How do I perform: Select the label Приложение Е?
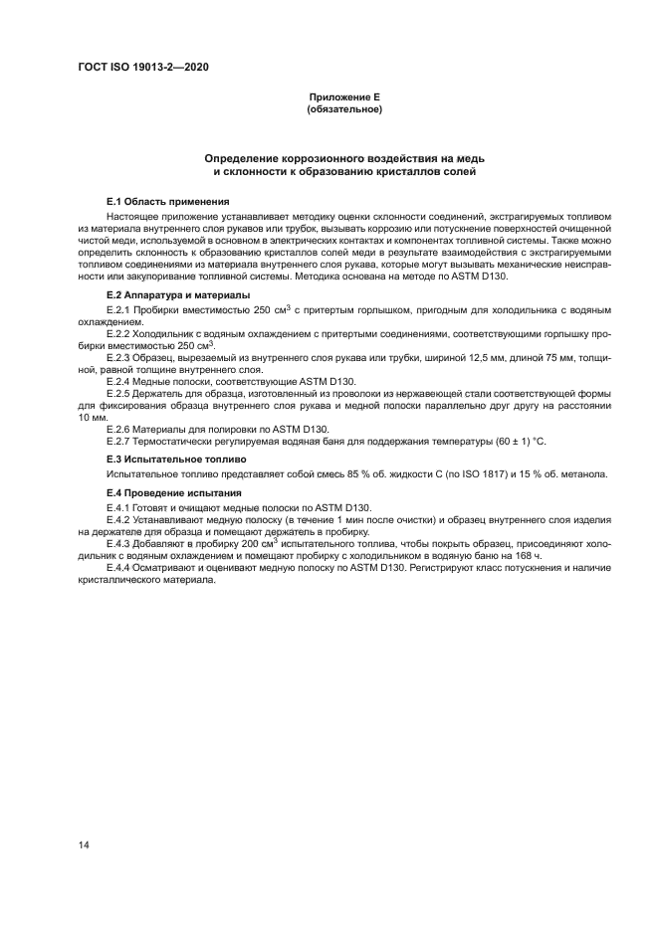pyautogui.click(x=344, y=97)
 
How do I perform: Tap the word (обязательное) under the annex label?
pyautogui.click(x=344, y=109)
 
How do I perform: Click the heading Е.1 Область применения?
pyautogui.click(x=163, y=201)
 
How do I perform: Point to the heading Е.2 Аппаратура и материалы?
pyautogui.click(x=178, y=295)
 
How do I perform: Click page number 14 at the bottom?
pyautogui.click(x=85, y=844)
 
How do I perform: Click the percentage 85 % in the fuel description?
pyautogui.click(x=331, y=474)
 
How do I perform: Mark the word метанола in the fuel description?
pyautogui.click(x=583, y=474)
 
